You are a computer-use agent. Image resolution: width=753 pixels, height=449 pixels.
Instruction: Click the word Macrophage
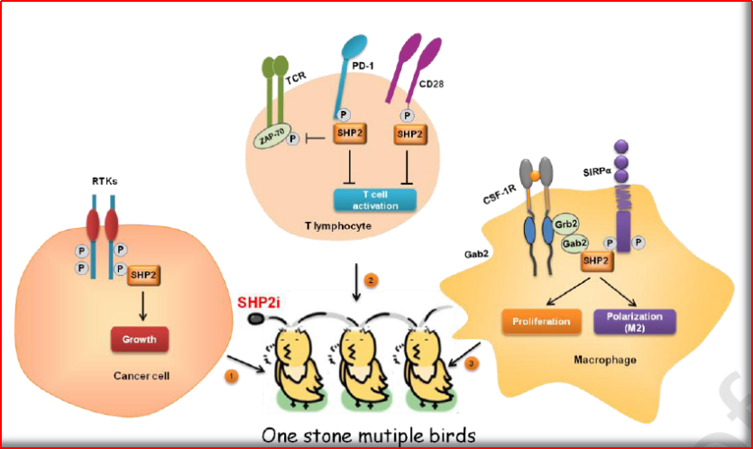(601, 360)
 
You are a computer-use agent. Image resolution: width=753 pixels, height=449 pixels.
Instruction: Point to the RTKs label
(105, 180)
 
